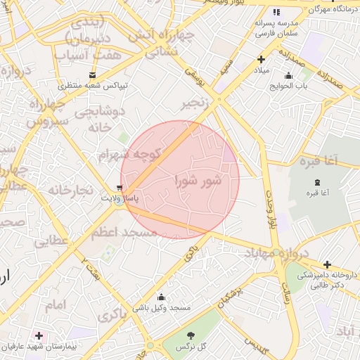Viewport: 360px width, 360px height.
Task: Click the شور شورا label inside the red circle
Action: coord(198,181)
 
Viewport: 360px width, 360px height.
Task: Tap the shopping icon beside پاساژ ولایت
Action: coord(120,188)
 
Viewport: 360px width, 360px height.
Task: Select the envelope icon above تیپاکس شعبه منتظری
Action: coord(93,75)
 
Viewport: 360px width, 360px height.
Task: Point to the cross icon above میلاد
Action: coord(261,60)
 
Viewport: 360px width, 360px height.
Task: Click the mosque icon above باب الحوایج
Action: coord(288,76)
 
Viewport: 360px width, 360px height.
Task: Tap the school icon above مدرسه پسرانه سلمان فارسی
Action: coord(276,12)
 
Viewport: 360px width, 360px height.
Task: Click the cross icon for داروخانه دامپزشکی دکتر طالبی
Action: coord(328,264)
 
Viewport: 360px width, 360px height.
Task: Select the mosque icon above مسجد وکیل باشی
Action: coord(162,297)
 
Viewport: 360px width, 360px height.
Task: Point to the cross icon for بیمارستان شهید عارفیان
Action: coord(39,336)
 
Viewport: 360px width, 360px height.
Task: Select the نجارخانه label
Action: coord(70,190)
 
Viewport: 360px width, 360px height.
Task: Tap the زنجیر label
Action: coord(197,103)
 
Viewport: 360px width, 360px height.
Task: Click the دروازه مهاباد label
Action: coord(274,252)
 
